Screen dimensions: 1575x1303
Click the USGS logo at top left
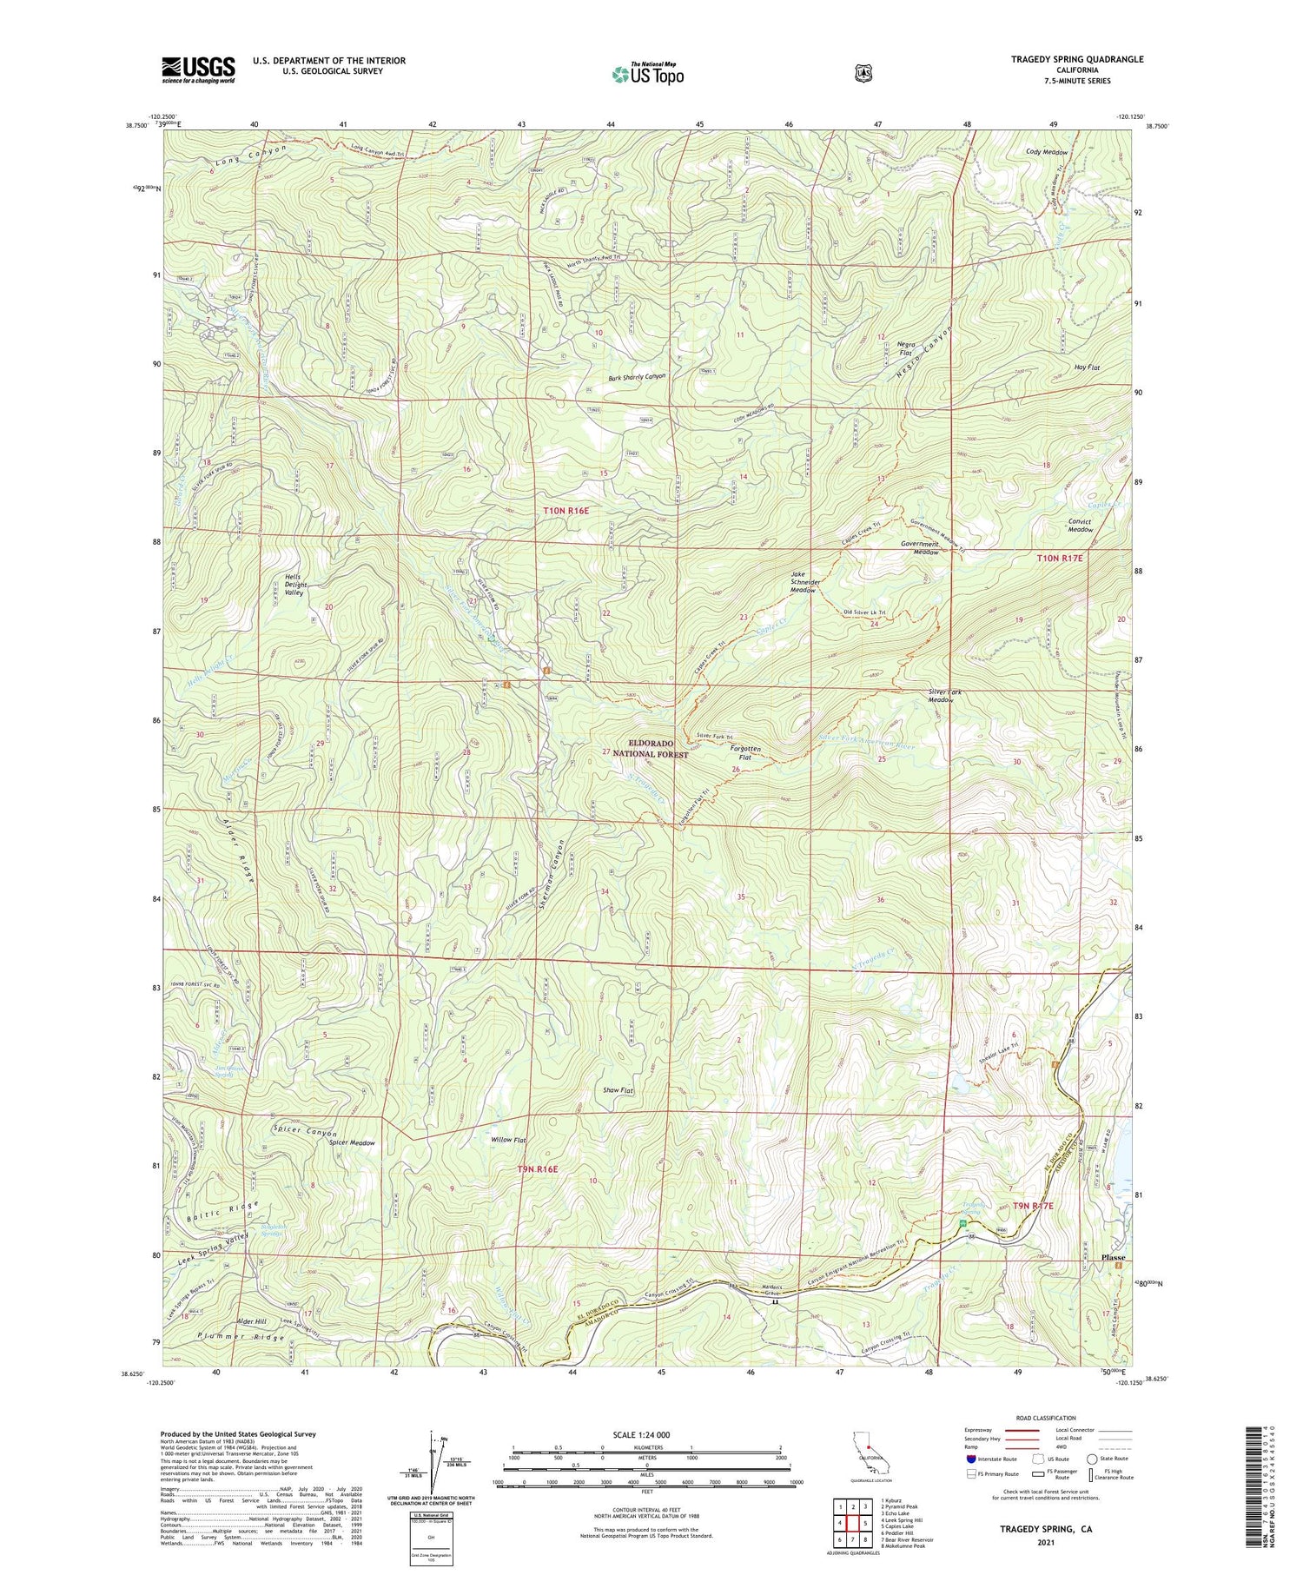click(x=198, y=69)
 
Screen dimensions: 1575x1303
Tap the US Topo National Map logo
click(x=647, y=74)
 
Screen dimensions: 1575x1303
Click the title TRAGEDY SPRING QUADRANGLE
click(x=1077, y=59)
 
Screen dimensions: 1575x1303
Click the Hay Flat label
click(x=1086, y=367)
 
